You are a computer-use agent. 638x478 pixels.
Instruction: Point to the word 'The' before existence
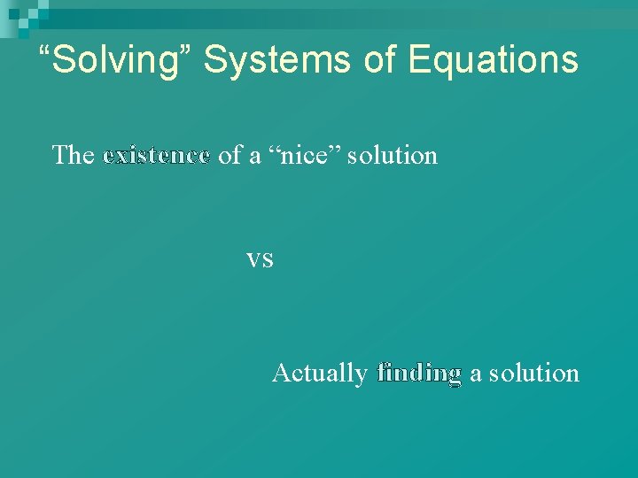(74, 156)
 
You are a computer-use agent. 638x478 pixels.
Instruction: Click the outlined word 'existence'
(156, 156)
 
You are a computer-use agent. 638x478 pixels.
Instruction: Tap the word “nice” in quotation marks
(304, 156)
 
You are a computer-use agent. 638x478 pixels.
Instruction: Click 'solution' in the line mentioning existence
(393, 156)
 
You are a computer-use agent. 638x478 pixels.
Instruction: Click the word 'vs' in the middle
(260, 259)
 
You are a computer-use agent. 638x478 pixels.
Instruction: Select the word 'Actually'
(319, 374)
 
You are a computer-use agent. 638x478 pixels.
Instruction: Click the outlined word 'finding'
(419, 374)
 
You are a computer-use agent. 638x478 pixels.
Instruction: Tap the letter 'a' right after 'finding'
(476, 374)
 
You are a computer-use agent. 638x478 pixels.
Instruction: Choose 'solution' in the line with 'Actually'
(534, 374)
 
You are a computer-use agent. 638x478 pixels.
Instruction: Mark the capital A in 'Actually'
(281, 373)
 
